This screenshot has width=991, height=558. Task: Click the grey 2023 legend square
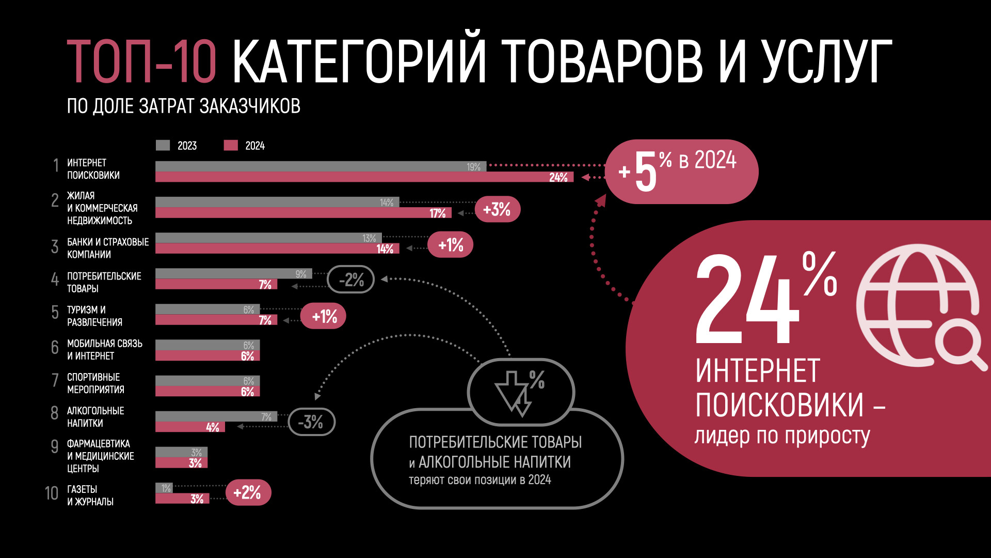[x=163, y=145]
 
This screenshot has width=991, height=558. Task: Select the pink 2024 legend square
[x=231, y=145]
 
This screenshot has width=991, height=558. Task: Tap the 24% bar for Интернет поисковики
[x=364, y=177]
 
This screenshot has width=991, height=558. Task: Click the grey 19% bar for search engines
[x=320, y=166]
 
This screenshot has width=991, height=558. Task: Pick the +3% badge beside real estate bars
[x=497, y=209]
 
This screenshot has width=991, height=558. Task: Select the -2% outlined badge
[x=351, y=280]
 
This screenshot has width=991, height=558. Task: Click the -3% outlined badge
[x=311, y=422]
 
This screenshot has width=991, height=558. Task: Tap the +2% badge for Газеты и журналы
[x=248, y=492]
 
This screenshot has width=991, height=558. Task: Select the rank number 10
[x=52, y=493]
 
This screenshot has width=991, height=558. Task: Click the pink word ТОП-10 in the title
[x=141, y=61]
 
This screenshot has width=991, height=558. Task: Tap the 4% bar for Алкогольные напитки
[x=190, y=427]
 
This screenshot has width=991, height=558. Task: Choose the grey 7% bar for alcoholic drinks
[x=216, y=416]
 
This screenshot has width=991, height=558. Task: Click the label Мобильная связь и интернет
[x=105, y=350]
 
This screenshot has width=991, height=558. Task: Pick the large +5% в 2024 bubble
[x=681, y=172]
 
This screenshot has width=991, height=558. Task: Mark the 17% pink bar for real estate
[x=303, y=213]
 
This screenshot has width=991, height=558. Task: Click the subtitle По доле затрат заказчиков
[x=183, y=106]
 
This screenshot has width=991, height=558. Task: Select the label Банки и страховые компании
[x=107, y=248]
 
